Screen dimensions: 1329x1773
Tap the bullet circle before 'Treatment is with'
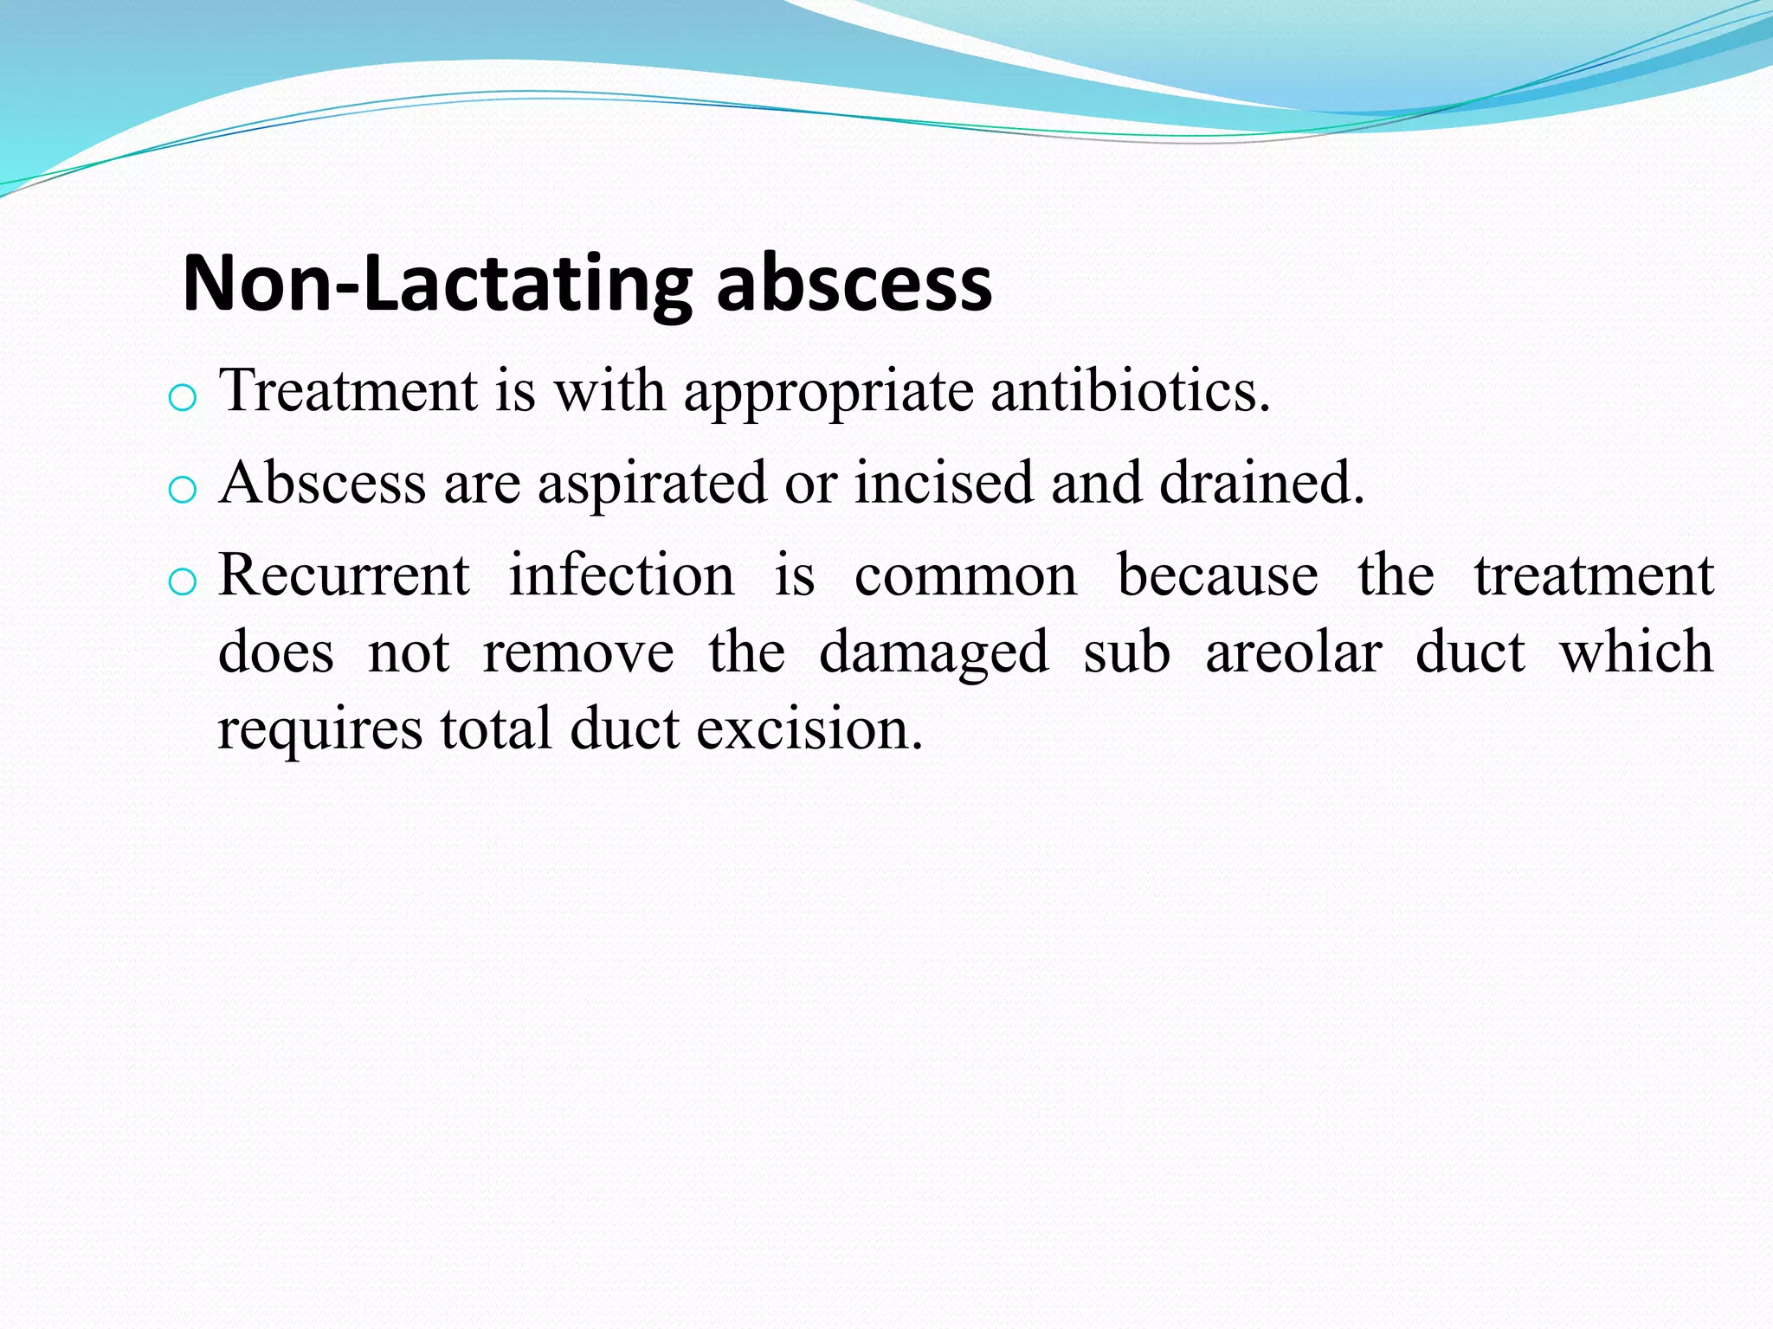point(182,399)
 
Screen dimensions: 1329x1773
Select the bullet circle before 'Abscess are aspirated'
point(182,491)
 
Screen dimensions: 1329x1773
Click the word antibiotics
point(1130,391)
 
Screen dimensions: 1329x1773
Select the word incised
point(944,482)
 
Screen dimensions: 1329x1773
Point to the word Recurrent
point(344,575)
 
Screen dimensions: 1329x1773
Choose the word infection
point(621,575)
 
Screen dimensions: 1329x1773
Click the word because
point(1217,575)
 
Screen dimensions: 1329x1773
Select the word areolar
point(1293,652)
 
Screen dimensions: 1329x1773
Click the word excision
point(809,729)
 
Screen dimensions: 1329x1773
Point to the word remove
point(577,653)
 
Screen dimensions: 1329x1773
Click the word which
point(1636,652)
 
